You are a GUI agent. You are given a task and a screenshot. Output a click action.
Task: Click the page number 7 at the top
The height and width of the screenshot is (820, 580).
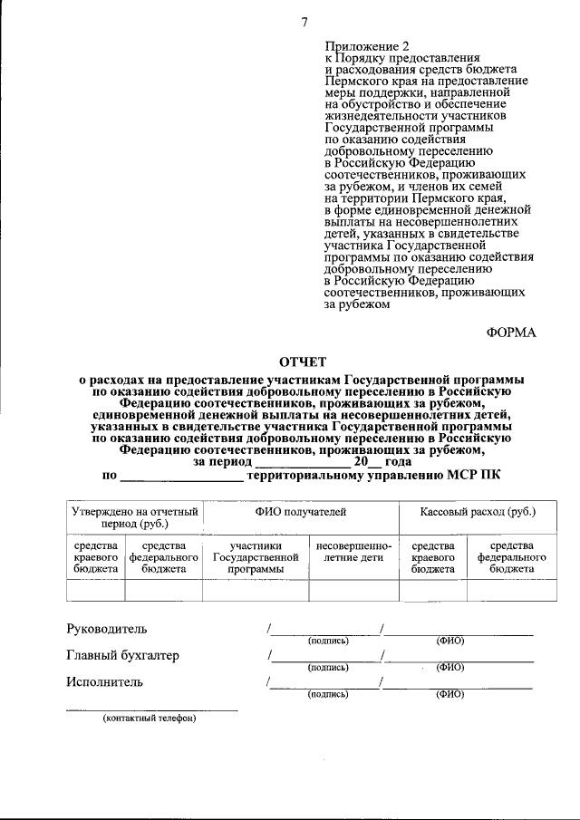(305, 23)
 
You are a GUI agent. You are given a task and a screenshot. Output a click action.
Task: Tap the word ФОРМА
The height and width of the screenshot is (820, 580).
(511, 333)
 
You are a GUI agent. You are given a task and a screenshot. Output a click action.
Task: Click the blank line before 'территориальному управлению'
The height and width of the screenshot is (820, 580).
(181, 475)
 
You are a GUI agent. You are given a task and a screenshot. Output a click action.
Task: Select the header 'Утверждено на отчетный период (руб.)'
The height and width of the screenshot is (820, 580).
(135, 517)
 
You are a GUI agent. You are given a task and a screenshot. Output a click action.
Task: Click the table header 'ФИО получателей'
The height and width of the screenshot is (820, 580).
(301, 512)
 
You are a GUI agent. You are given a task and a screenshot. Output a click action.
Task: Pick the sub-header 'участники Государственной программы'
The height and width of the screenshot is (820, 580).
(256, 557)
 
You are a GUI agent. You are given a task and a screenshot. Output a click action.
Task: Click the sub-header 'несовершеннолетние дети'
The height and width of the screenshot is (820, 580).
(353, 552)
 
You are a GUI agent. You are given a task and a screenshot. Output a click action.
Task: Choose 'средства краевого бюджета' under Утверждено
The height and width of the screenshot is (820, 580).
(95, 557)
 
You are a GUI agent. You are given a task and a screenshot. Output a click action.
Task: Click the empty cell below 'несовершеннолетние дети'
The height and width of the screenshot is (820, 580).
(353, 591)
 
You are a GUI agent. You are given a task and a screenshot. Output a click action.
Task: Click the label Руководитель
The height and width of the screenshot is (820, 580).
(106, 629)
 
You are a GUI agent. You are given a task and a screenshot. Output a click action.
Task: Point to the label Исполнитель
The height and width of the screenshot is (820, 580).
(104, 681)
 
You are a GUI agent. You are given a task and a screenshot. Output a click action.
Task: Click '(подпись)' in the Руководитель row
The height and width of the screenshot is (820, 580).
(328, 641)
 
